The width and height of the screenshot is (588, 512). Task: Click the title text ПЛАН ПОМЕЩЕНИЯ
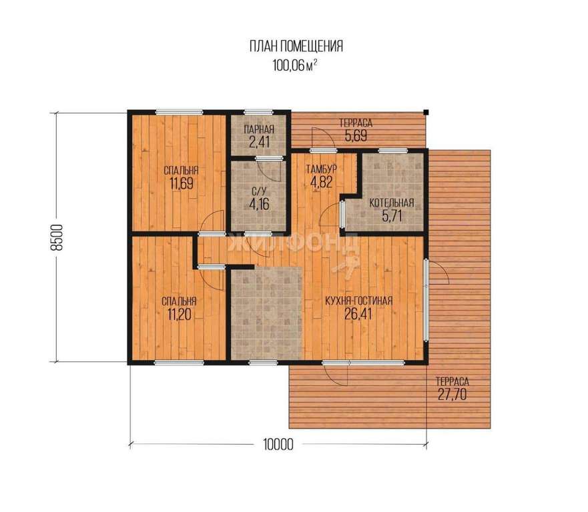tap(296, 47)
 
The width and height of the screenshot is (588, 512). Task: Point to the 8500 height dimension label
tap(57, 237)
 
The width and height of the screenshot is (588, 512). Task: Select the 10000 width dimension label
tap(278, 445)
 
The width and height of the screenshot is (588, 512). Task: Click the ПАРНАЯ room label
tap(259, 129)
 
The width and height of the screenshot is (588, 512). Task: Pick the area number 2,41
tap(259, 142)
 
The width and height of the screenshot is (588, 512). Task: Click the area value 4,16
tap(259, 205)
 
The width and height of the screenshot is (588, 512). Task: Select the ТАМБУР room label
tap(321, 169)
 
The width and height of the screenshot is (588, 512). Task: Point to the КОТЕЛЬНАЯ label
tap(392, 203)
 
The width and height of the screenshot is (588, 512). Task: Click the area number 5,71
tap(392, 216)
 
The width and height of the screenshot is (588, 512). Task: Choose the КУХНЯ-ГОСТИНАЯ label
tap(359, 301)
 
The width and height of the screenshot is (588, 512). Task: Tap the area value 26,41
tap(358, 314)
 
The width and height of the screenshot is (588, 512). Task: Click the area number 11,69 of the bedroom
tap(181, 183)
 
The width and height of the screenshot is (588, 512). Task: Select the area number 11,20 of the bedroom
tap(180, 315)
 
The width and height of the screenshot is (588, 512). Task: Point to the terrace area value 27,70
tap(453, 395)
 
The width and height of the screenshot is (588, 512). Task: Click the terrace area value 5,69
tap(356, 135)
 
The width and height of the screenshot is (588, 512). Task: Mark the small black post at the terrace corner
tap(426, 111)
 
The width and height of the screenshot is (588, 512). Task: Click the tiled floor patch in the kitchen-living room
tap(266, 313)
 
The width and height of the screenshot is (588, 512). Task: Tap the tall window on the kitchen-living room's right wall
tap(426, 299)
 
